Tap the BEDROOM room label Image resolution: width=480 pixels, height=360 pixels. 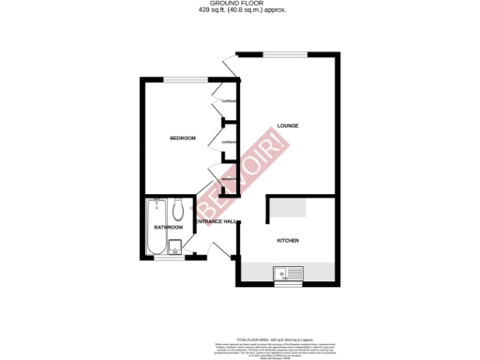pos(183,139)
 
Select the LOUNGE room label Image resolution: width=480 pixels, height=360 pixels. pos(288,127)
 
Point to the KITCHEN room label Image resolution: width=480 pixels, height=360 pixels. pos(288,240)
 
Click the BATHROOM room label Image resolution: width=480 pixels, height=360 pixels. pos(168,228)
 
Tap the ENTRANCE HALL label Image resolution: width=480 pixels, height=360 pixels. pos(216,221)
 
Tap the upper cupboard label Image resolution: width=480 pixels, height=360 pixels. pos(227,101)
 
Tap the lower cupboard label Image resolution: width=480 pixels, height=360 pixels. pos(227,142)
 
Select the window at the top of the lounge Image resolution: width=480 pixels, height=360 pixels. pos(286,53)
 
